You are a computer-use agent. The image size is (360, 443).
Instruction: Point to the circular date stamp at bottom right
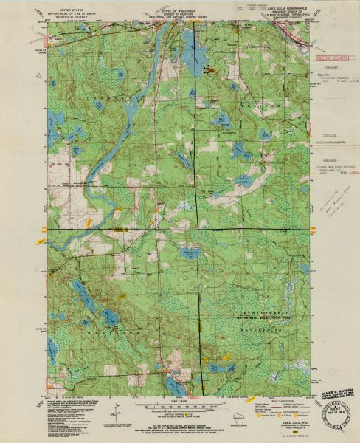tap(336, 404)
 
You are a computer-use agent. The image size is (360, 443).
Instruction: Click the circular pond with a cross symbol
tap(190, 255)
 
